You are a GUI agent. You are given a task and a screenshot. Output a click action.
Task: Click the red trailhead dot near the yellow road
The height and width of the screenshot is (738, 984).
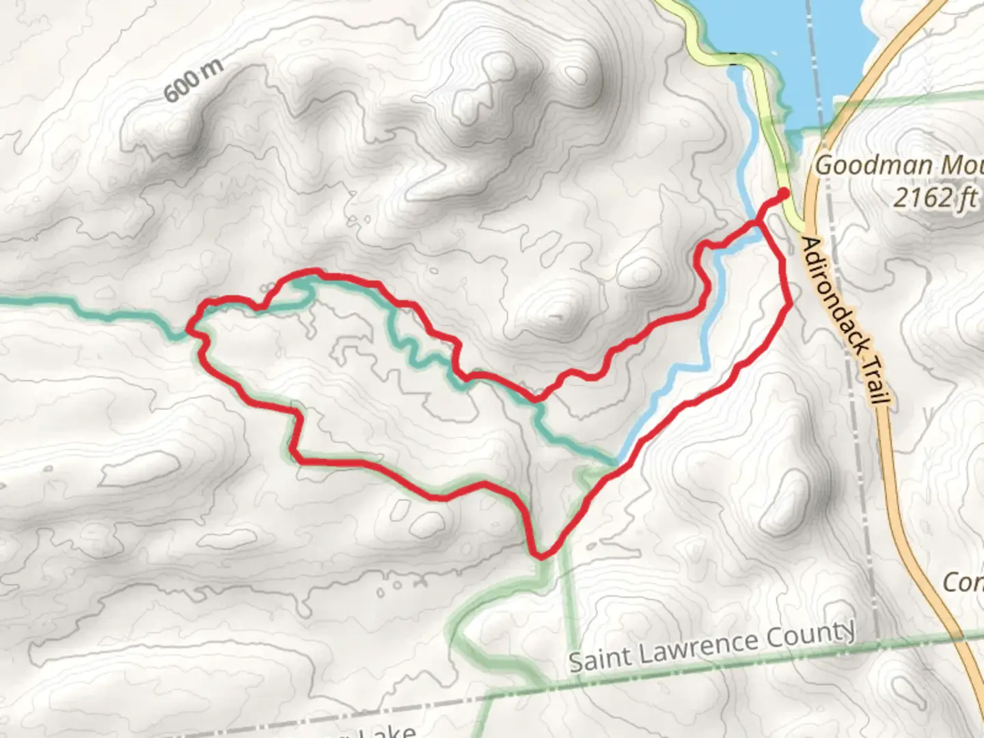[782, 194]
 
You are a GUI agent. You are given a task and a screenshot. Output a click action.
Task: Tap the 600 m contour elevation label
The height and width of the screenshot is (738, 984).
[193, 81]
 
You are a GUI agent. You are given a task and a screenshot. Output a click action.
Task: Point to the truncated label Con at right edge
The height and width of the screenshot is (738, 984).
[963, 582]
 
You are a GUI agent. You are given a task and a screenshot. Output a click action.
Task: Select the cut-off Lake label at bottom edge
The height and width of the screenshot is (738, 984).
[389, 731]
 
